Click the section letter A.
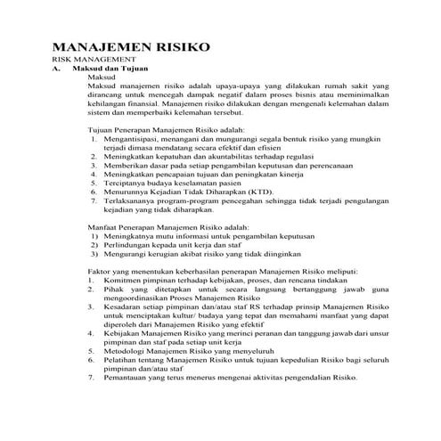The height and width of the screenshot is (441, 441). (x=56, y=68)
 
